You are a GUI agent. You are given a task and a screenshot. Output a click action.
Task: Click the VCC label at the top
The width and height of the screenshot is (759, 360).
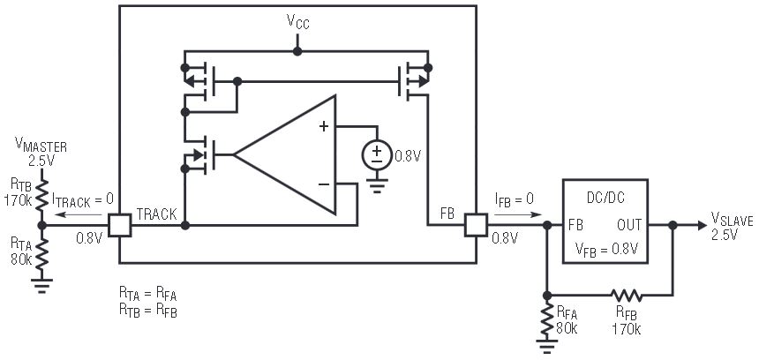pyautogui.click(x=297, y=23)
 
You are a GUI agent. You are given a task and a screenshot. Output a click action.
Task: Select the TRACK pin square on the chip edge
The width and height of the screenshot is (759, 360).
pyautogui.click(x=119, y=226)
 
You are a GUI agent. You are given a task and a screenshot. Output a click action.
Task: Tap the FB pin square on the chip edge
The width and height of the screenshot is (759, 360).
pyautogui.click(x=477, y=226)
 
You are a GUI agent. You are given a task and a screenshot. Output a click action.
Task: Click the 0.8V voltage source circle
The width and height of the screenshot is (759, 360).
pyautogui.click(x=377, y=154)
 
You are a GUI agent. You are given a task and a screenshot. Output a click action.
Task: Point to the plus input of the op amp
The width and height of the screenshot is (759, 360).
pyautogui.click(x=324, y=126)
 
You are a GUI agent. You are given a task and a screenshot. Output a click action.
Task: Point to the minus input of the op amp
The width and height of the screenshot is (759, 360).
pyautogui.click(x=324, y=184)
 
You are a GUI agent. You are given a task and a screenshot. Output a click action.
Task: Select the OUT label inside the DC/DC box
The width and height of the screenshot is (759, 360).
pyautogui.click(x=629, y=226)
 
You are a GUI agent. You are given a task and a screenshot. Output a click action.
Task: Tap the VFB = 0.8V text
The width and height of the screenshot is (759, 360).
pyautogui.click(x=605, y=249)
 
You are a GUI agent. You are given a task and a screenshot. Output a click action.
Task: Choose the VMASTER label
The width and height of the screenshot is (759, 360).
pyautogui.click(x=41, y=146)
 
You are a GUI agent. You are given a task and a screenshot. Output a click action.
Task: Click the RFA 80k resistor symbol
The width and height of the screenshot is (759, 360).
pyautogui.click(x=547, y=319)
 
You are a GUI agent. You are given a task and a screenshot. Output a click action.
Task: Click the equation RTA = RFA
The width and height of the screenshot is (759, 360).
pyautogui.click(x=148, y=291)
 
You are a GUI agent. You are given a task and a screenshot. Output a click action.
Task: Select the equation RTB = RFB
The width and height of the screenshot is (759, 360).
pyautogui.click(x=148, y=311)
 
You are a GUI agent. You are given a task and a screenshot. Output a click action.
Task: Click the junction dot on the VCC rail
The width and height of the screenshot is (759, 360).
pyautogui.click(x=297, y=51)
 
